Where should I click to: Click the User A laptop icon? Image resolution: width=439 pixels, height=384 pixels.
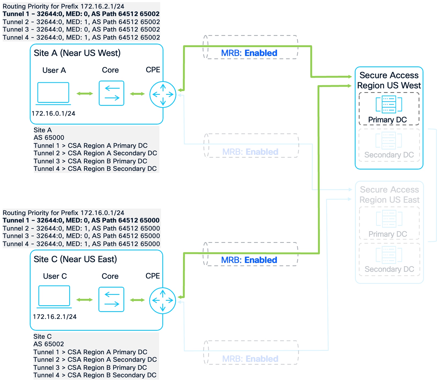(53, 93)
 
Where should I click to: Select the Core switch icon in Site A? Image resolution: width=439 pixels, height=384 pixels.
(111, 93)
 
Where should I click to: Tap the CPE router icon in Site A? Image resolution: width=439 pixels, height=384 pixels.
(163, 94)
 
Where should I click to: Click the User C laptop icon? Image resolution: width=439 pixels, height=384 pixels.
(54, 296)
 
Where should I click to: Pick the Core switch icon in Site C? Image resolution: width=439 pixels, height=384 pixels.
(111, 299)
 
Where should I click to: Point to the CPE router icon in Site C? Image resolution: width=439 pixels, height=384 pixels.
(163, 300)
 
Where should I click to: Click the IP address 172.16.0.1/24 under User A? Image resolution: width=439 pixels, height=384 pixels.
(53, 114)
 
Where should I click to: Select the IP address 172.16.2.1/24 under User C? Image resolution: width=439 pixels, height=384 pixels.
(55, 317)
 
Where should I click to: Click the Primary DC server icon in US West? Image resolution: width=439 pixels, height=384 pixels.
(389, 104)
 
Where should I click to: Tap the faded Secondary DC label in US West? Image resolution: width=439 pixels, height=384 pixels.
(389, 155)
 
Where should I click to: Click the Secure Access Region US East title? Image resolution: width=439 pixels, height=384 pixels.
(389, 195)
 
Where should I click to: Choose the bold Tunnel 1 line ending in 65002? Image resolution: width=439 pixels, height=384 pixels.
(81, 14)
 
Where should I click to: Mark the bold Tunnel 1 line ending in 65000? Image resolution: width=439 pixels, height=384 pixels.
(81, 220)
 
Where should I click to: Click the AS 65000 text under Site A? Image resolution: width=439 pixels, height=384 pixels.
(49, 138)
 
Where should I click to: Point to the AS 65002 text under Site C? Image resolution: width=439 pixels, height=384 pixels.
(49, 344)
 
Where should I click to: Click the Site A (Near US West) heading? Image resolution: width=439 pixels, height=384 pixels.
(77, 53)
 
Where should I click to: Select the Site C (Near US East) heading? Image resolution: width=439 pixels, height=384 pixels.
(75, 259)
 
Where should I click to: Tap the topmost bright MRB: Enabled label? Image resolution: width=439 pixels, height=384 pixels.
(249, 53)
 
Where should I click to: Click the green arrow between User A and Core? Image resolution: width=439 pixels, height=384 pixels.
(85, 93)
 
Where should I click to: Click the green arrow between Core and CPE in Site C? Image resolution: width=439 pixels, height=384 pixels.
(137, 300)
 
